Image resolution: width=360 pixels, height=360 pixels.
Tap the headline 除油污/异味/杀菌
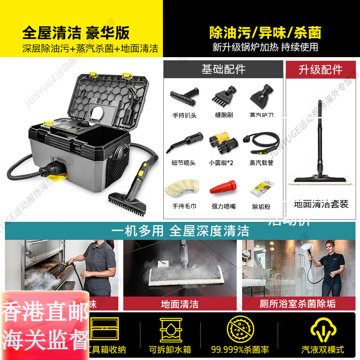265,32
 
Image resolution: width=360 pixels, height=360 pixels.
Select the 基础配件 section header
223,69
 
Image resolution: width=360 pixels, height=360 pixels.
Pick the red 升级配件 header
320,70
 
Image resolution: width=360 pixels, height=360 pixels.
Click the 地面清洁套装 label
321,204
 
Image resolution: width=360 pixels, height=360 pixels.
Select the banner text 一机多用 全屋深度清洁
180,231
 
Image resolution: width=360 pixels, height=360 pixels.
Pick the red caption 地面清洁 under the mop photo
180,304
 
